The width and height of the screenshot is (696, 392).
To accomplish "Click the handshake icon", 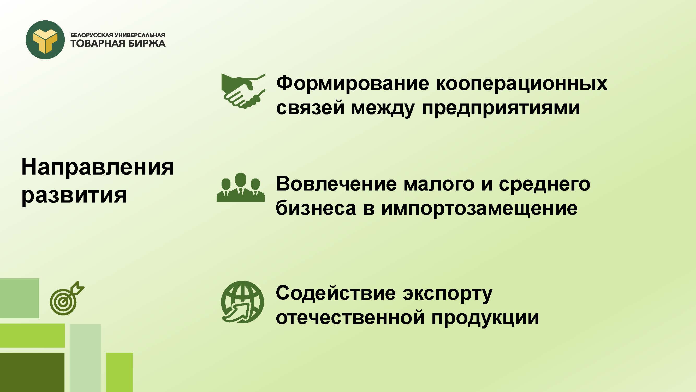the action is tap(243, 91).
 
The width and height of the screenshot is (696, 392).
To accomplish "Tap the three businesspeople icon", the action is tap(240, 187).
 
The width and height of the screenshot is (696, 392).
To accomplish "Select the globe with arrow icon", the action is tap(242, 302).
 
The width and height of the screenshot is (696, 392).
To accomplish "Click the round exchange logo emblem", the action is tap(45, 40).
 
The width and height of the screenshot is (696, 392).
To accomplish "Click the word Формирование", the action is tap(353, 83).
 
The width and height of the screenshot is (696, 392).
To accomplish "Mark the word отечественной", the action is tap(350, 318).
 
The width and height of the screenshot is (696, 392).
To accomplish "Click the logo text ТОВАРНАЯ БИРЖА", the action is tap(118, 44).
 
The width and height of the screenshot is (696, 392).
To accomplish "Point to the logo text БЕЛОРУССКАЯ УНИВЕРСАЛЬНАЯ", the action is tap(117, 35).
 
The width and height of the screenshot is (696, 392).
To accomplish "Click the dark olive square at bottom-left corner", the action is tap(32, 372).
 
